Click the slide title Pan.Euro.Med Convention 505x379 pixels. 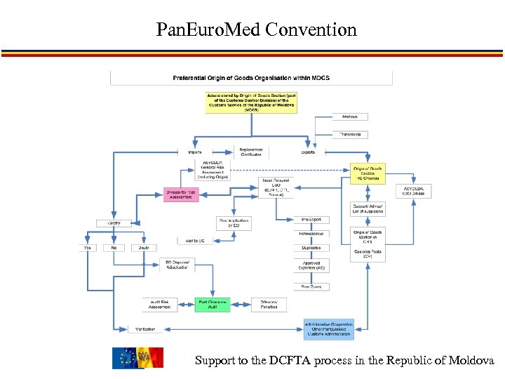pos(257,30)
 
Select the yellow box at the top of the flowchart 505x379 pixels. pos(251,102)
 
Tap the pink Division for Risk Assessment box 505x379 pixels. pos(181,194)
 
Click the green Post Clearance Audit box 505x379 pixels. pos(213,305)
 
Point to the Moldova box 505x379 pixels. pos(350,117)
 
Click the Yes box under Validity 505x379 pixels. pos(88,248)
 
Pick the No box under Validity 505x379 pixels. pos(114,248)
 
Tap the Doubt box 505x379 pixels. pos(143,248)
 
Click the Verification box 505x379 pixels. pos(147,328)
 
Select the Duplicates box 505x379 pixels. pos(311,248)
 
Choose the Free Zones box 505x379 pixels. pos(311,286)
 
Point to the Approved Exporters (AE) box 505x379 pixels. pos(311,265)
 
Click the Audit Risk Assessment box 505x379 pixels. pos(160,305)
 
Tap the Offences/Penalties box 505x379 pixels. pos(269,305)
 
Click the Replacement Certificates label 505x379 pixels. pos(250,152)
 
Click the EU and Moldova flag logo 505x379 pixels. pos(137,358)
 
